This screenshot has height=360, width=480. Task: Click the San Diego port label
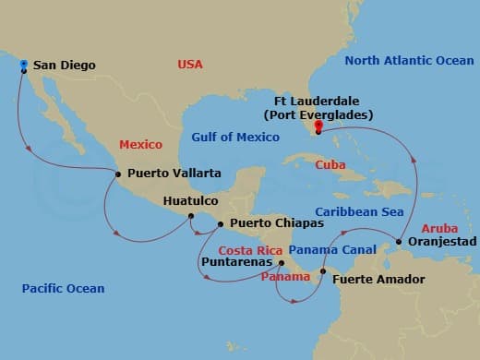[64, 66]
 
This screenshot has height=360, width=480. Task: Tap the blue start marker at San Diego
[23, 64]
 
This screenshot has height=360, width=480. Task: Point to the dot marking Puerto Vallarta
[118, 173]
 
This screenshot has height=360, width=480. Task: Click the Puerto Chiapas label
[264, 222]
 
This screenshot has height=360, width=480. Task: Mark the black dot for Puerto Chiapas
[220, 223]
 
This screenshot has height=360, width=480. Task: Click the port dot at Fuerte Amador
[322, 271]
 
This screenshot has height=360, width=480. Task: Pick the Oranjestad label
[441, 241]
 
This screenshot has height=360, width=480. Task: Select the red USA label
[190, 65]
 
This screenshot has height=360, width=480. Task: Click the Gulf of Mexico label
[235, 138]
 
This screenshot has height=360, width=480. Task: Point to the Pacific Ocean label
[63, 289]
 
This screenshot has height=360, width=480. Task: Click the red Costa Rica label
[249, 250]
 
